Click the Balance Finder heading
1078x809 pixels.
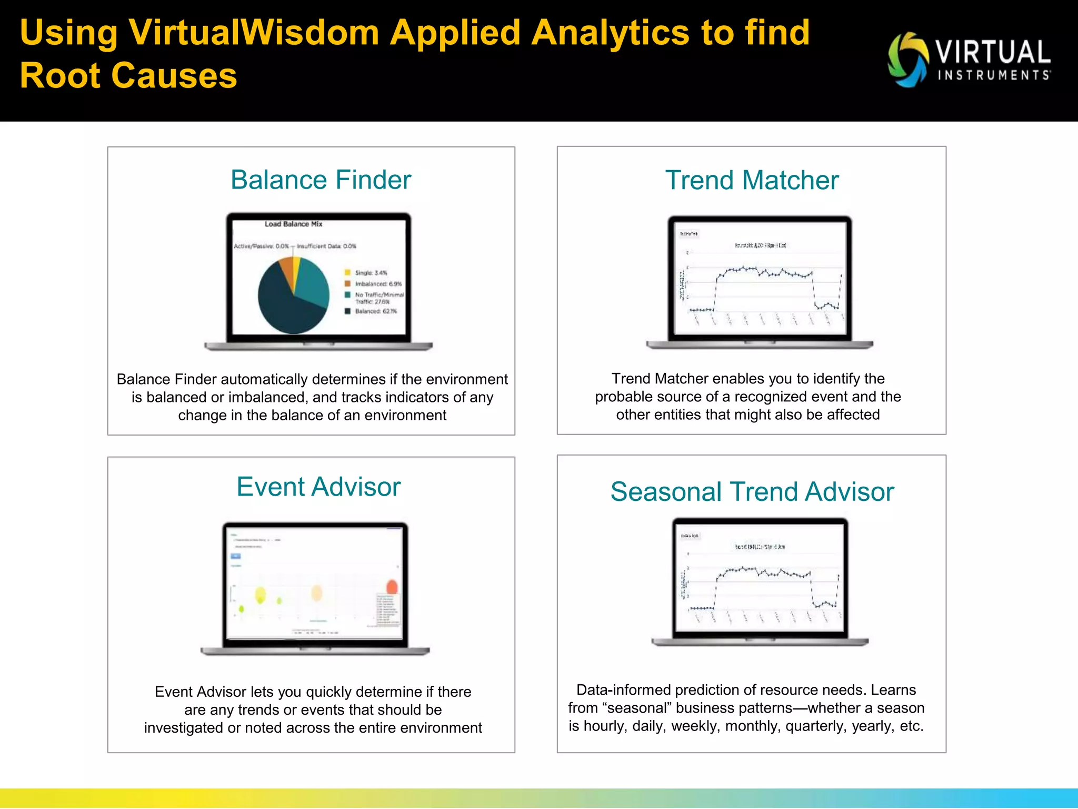[x=321, y=180]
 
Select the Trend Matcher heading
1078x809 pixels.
[x=751, y=181]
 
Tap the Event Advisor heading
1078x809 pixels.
[x=318, y=487]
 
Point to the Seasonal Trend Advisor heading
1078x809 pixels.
[x=752, y=492]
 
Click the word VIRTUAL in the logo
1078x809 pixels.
[x=993, y=53]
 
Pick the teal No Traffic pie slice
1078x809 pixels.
[x=313, y=282]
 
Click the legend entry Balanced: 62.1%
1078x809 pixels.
[x=375, y=311]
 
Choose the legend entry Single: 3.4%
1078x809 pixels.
[x=370, y=273]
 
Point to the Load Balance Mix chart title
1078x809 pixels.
[x=293, y=224]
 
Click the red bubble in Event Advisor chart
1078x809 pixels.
[x=392, y=587]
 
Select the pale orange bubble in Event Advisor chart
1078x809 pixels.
[x=316, y=593]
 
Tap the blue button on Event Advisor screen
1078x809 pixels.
[x=236, y=556]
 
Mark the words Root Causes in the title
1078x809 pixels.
[x=128, y=75]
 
